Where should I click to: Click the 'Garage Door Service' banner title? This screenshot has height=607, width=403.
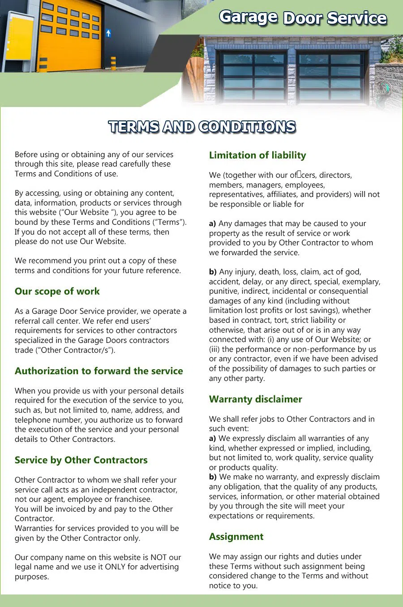[x=303, y=17]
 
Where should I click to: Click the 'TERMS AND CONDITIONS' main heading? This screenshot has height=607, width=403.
[x=202, y=127]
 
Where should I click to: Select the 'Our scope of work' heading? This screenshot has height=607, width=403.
[x=57, y=291]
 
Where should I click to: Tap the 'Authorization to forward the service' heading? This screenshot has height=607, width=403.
[x=99, y=371]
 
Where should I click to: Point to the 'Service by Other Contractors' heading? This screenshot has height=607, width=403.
[x=81, y=460]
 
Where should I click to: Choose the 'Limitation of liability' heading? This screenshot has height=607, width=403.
[x=257, y=155]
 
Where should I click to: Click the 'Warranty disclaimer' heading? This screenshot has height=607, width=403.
[x=255, y=399]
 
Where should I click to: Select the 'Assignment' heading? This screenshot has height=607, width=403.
[x=236, y=537]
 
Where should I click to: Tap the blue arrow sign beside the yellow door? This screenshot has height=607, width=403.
[x=108, y=33]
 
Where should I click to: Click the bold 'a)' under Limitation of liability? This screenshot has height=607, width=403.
[x=213, y=223]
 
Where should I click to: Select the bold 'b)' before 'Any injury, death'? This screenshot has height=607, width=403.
[x=213, y=272]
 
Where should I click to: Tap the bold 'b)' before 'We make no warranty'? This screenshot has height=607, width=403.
[x=213, y=477]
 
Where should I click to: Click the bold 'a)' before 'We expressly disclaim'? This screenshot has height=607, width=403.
[x=213, y=438]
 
